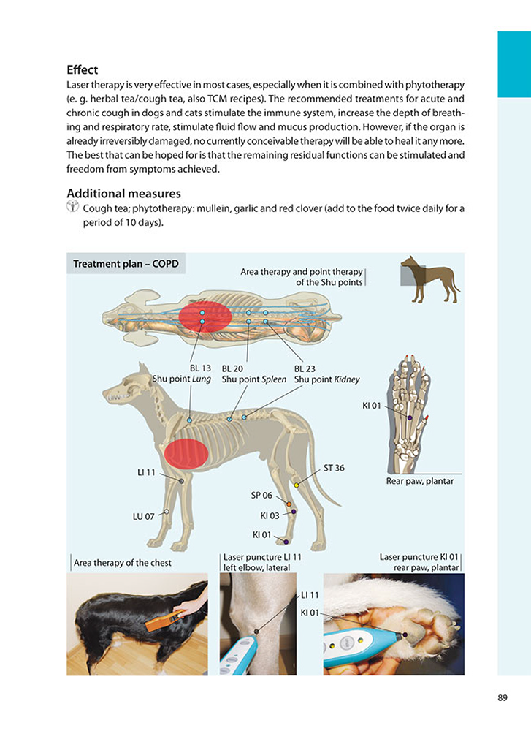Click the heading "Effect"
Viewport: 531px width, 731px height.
[82, 71]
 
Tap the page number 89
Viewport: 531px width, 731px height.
[503, 698]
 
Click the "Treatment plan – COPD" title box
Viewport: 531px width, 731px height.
[126, 264]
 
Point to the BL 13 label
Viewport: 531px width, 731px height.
[200, 369]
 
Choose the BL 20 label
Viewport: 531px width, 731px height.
[232, 369]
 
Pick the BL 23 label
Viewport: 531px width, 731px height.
[305, 369]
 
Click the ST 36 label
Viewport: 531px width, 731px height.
[334, 468]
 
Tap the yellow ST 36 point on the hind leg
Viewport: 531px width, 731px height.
[297, 485]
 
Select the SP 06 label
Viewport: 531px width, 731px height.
[261, 495]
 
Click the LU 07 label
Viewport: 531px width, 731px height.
[143, 516]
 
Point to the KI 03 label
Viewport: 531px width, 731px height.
[270, 515]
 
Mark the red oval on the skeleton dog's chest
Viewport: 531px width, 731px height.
[186, 453]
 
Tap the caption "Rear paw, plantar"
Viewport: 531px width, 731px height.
[419, 481]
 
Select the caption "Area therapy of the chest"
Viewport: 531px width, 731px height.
[123, 562]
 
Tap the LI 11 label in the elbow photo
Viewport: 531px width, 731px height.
[310, 595]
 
